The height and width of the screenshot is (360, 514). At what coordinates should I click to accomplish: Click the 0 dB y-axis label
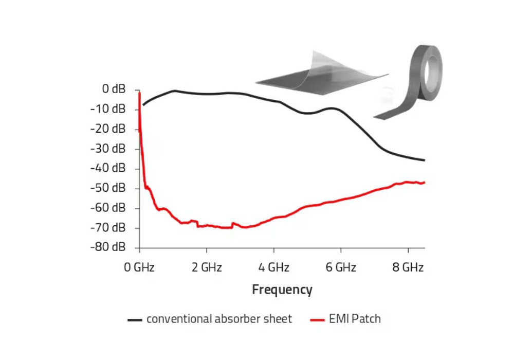pos(113,89)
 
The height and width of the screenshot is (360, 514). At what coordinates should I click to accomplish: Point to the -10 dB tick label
pos(108,109)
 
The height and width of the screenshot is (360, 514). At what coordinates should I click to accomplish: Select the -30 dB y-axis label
pos(108,149)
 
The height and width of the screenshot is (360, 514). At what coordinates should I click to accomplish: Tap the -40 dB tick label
pos(108,168)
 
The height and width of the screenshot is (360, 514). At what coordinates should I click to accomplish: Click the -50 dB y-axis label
pos(108,188)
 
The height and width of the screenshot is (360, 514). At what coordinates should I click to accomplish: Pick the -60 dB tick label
pos(108,208)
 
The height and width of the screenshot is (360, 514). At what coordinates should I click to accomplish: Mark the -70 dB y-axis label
pos(108,227)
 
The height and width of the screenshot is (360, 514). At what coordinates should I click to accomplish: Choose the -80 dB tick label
pos(108,247)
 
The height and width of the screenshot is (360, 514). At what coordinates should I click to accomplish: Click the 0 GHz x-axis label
pos(139,267)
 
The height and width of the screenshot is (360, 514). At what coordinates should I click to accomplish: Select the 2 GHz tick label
pos(207,267)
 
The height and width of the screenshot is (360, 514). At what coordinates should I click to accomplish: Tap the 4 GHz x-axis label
pos(273,267)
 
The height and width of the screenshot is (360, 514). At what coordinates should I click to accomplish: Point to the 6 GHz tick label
pos(341,267)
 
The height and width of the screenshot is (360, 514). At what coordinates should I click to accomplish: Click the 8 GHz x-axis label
pos(408,267)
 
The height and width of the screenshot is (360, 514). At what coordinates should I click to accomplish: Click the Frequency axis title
pos(282,290)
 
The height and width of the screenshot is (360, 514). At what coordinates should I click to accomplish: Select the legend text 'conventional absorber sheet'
pos(219,319)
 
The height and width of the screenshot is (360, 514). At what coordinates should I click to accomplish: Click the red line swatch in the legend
pos(318,320)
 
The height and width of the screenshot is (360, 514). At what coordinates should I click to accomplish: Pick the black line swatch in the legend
pos(135,320)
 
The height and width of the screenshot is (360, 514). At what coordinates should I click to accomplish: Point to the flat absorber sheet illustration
pos(319,77)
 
